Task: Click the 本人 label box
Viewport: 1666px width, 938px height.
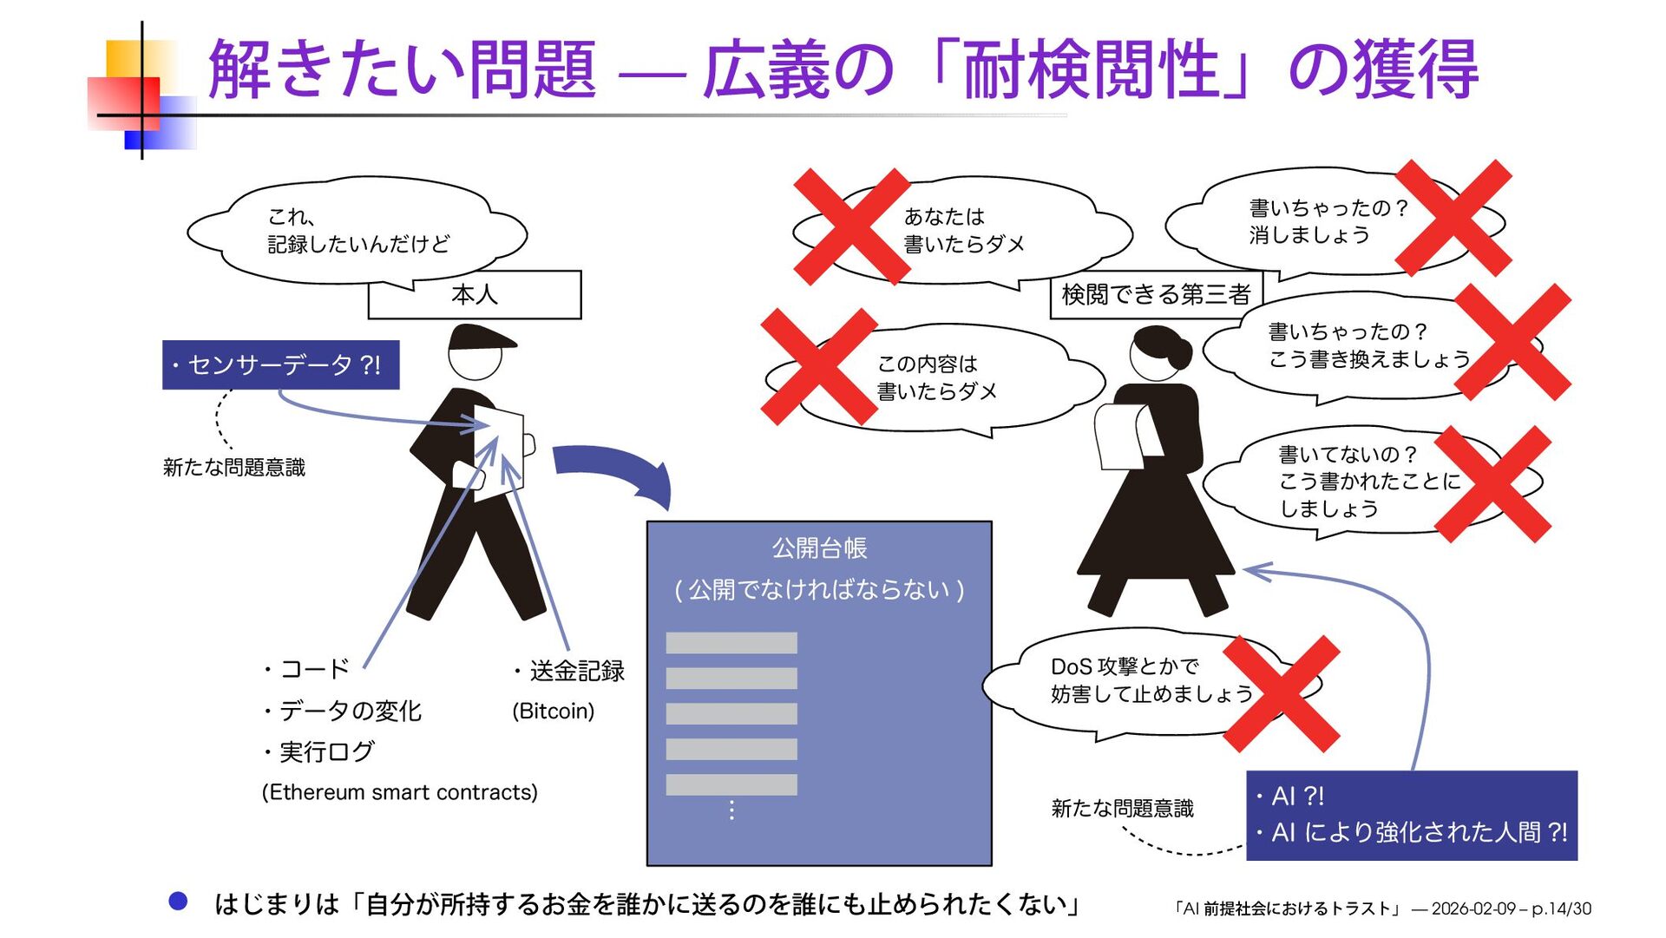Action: click(475, 295)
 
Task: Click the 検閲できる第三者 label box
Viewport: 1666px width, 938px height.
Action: click(1156, 295)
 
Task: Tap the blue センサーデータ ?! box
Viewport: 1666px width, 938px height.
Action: click(280, 364)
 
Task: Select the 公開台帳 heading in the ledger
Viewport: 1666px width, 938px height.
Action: click(819, 548)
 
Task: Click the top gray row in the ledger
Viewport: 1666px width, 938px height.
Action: click(731, 643)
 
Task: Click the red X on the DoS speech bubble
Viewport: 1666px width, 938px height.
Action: click(1281, 692)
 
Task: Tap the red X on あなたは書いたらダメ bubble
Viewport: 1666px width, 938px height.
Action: click(851, 226)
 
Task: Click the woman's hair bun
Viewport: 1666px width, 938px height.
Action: click(1179, 354)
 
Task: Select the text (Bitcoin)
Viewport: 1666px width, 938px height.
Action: click(553, 712)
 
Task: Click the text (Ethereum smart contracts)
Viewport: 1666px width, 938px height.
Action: click(399, 792)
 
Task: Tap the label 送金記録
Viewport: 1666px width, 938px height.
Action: click(577, 671)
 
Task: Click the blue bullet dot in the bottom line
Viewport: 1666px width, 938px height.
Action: click(178, 902)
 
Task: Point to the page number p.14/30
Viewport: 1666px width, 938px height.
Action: click(1561, 908)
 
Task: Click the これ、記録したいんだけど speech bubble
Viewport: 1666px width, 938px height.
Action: click(357, 230)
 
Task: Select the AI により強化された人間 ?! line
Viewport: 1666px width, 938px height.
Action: click(1418, 832)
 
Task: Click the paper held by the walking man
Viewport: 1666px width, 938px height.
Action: click(499, 451)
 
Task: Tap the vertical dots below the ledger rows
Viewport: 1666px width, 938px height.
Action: click(731, 810)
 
